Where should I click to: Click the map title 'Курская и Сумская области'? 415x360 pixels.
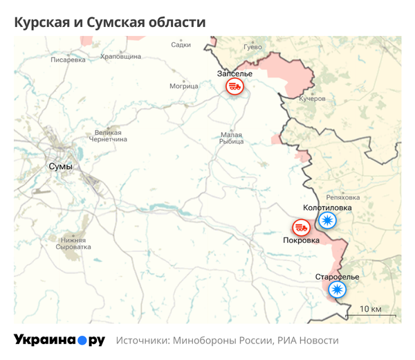pos(110,23)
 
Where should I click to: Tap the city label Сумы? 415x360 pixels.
pos(61,167)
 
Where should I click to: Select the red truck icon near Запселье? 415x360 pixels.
pos(234,87)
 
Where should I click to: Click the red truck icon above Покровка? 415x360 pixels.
pos(300,227)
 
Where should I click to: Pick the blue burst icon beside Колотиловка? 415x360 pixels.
pos(326,221)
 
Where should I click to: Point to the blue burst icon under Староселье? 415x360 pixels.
pos(337,290)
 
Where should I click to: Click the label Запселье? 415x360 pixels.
pos(235,73)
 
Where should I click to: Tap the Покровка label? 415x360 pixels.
pos(301,240)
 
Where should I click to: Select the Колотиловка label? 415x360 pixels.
pos(327,208)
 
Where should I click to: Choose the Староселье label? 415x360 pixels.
pos(337,277)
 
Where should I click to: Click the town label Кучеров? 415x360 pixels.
pos(312,99)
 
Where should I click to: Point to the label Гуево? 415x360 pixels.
pos(252,47)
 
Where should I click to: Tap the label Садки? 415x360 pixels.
pos(181,45)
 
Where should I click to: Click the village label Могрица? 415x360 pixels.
pos(183,87)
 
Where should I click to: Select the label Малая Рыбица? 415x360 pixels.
pos(232,138)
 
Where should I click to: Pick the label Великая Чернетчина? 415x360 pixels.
pos(108,136)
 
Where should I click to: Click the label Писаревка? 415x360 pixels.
pos(68,60)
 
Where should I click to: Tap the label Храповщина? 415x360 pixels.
pos(120,56)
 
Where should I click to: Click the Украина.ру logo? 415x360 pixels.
pos(59,340)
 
